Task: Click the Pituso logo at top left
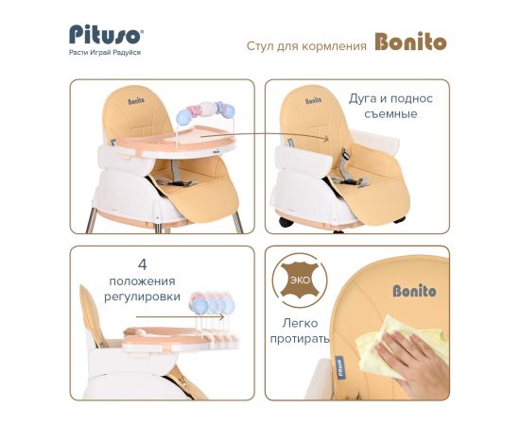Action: click(106, 34)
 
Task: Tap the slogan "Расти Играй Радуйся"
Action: click(105, 52)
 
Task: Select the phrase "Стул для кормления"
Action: click(306, 46)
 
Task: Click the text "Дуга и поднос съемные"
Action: click(390, 106)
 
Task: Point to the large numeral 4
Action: click(142, 264)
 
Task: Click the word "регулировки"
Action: click(142, 297)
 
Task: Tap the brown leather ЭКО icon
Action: click(300, 280)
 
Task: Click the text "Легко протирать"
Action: click(300, 331)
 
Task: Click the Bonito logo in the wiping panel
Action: click(414, 291)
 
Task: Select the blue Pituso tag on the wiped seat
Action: click(338, 367)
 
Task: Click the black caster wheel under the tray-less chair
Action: click(286, 222)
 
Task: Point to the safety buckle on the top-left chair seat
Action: click(176, 181)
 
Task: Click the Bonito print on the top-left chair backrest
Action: click(136, 101)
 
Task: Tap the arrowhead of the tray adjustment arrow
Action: click(222, 316)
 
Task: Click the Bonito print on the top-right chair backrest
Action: click(313, 101)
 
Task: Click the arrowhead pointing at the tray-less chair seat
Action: click(326, 138)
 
